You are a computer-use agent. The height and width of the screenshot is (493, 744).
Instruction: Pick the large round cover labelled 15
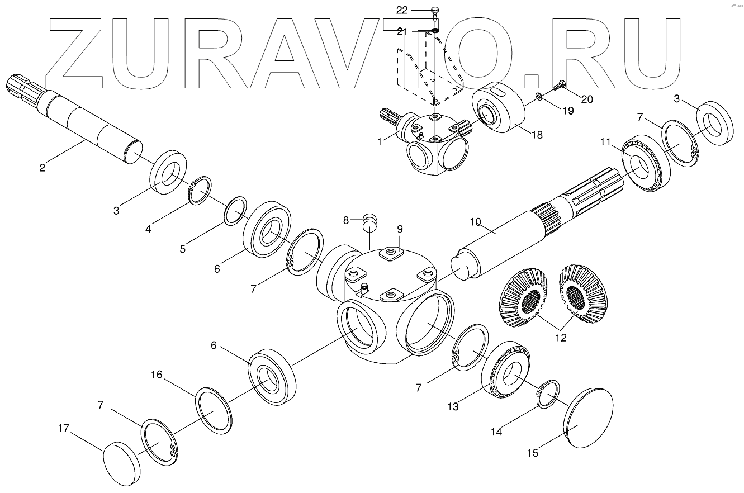(590, 418)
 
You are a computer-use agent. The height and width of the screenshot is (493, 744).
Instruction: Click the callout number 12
(561, 338)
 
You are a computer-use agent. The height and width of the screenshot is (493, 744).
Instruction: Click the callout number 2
(475, 222)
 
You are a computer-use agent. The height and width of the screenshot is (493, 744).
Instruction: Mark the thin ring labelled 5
(236, 210)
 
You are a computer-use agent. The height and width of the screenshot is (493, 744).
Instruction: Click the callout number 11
(606, 142)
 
